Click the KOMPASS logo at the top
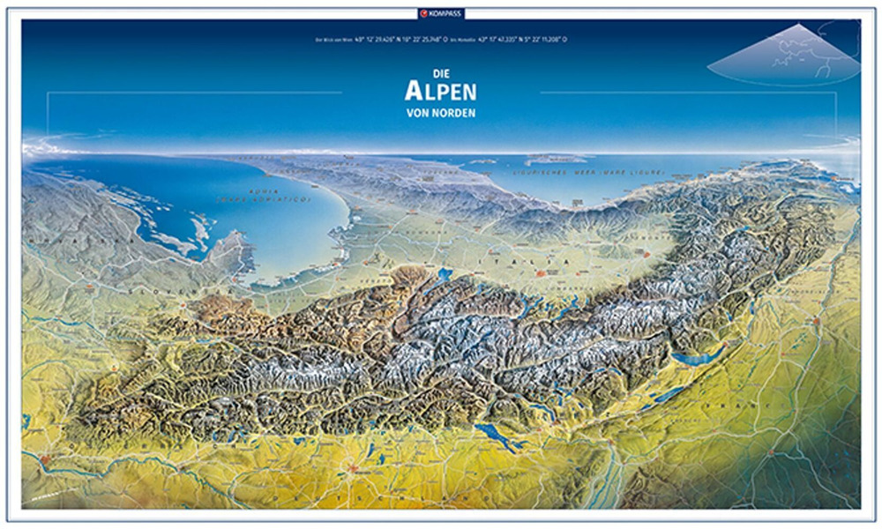[x=441, y=12]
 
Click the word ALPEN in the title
[x=440, y=91]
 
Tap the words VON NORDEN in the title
[x=440, y=112]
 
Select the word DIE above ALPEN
[x=440, y=74]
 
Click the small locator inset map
[x=783, y=55]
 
